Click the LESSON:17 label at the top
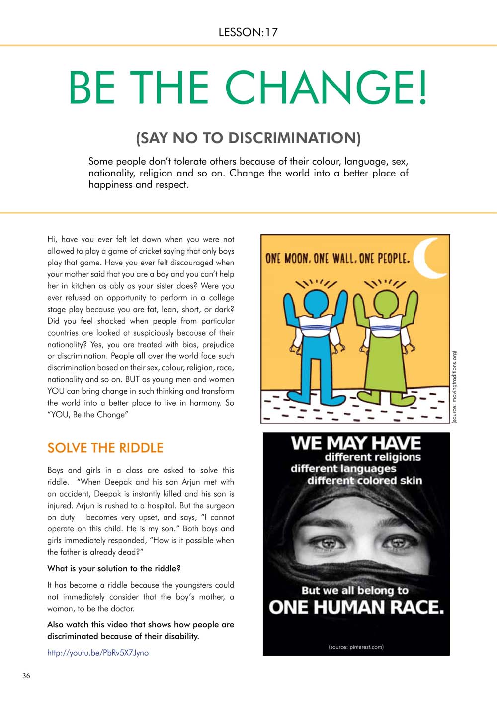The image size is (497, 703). tap(248, 32)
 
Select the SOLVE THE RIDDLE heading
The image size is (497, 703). tap(105, 448)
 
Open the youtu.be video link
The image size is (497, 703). tap(98, 653)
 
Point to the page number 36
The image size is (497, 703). tap(26, 675)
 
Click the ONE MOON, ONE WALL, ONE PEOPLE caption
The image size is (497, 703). tap(338, 259)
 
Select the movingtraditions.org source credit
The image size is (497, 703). tap(454, 387)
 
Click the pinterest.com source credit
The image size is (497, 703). tap(356, 647)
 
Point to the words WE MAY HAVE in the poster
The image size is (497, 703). tap(356, 442)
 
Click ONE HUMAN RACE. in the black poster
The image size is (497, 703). tap(356, 607)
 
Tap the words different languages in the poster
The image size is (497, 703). tap(343, 469)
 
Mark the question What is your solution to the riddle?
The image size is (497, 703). tap(114, 568)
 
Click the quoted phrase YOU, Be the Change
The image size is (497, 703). tap(87, 415)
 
